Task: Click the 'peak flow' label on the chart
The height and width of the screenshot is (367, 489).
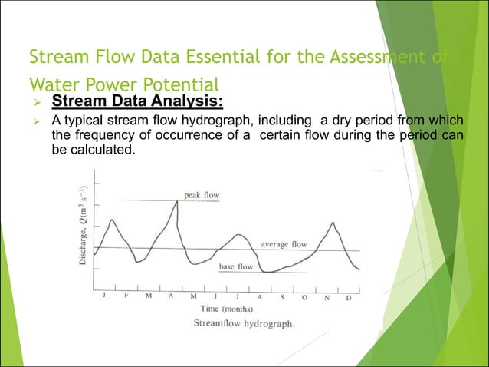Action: point(202,195)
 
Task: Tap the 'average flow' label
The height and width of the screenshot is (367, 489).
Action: point(284,244)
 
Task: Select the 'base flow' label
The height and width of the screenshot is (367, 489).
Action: point(236,266)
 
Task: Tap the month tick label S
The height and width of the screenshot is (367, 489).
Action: point(282,296)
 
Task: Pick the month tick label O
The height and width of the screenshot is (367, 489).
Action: point(304,296)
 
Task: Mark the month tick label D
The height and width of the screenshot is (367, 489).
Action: point(349,297)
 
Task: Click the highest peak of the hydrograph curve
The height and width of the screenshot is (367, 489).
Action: point(177,201)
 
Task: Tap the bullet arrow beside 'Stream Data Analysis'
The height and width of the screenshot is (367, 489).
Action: point(34,103)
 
